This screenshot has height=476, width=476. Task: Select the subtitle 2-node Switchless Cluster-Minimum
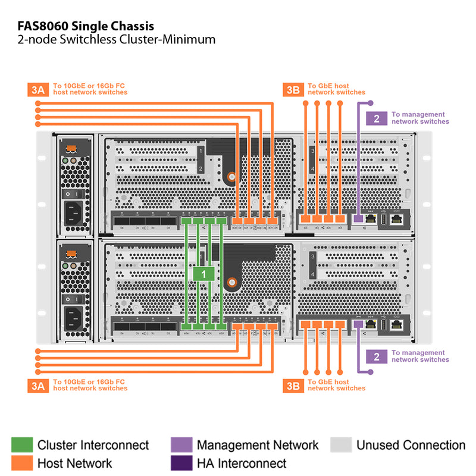click(116, 40)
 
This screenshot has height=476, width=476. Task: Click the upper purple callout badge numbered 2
click(376, 118)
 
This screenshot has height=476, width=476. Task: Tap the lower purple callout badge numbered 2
click(376, 356)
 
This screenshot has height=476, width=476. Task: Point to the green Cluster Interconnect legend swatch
click(21, 445)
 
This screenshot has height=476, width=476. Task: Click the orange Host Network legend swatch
click(21, 463)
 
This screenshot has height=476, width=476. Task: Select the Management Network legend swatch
click(181, 445)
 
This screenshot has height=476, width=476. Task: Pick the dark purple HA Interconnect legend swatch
click(181, 463)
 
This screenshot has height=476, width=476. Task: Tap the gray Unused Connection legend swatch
click(340, 445)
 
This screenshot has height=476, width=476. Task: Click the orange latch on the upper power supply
click(72, 147)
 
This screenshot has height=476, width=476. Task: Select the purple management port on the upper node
click(358, 220)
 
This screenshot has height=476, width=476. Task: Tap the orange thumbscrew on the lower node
click(234, 281)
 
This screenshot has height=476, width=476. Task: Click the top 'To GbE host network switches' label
click(336, 89)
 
